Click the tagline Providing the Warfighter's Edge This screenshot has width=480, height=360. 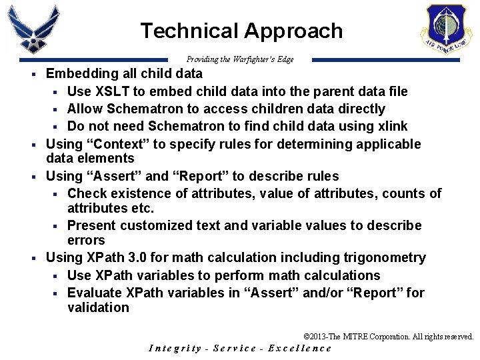coord(240,59)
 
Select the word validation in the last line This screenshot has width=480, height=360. coord(98,307)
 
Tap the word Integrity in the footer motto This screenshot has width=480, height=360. coord(175,349)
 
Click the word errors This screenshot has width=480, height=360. coord(86,240)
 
